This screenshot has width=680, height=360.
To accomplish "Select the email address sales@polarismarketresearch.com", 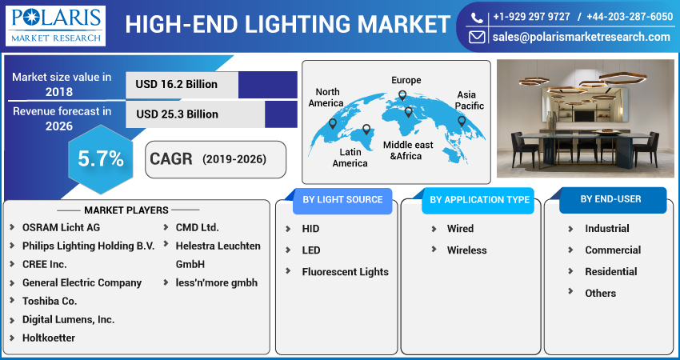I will click(580, 37).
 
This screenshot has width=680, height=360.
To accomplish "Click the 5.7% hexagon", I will click(100, 159).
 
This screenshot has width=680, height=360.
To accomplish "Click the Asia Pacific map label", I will click(470, 100).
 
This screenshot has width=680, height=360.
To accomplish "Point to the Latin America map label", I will click(350, 158).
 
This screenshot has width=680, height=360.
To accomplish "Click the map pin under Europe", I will click(402, 96).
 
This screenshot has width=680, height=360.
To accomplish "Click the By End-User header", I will click(611, 198).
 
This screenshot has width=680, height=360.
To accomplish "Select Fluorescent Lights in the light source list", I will click(345, 272).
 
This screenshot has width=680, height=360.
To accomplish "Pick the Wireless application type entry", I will click(466, 250).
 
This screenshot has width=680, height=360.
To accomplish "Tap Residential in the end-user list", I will click(610, 272).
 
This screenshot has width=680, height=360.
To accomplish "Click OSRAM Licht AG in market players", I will click(61, 227).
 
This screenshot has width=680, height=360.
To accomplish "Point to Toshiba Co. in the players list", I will click(50, 301).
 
